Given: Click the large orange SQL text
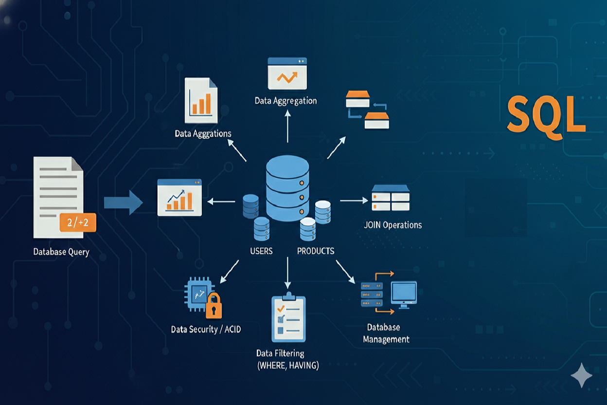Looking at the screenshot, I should coord(546,115).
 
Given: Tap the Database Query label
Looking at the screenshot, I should coord(61,252).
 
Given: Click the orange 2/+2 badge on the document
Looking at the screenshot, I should coord(77,222).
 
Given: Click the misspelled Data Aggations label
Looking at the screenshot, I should coord(203,133).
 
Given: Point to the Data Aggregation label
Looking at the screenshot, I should coord(286,101).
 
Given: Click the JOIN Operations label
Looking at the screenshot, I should coord(393,225).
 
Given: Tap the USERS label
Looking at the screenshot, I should coord(261,251).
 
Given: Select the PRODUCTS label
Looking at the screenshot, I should coord(316,251).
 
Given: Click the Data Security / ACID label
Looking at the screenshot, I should coord(206,330).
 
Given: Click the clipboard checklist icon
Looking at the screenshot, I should coord(288,319).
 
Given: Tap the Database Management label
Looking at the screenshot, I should coord(386,333).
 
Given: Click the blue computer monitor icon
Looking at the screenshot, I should coord(404,294).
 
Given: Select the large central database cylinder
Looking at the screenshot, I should coord(287,187).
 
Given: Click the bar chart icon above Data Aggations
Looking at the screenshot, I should coord(201,101).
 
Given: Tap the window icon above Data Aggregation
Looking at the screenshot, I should coord(287,73).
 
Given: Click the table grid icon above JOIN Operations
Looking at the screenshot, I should coord(390,198).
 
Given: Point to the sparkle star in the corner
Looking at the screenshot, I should coord(582,375).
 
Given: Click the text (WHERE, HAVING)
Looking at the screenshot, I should coord(287,366).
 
